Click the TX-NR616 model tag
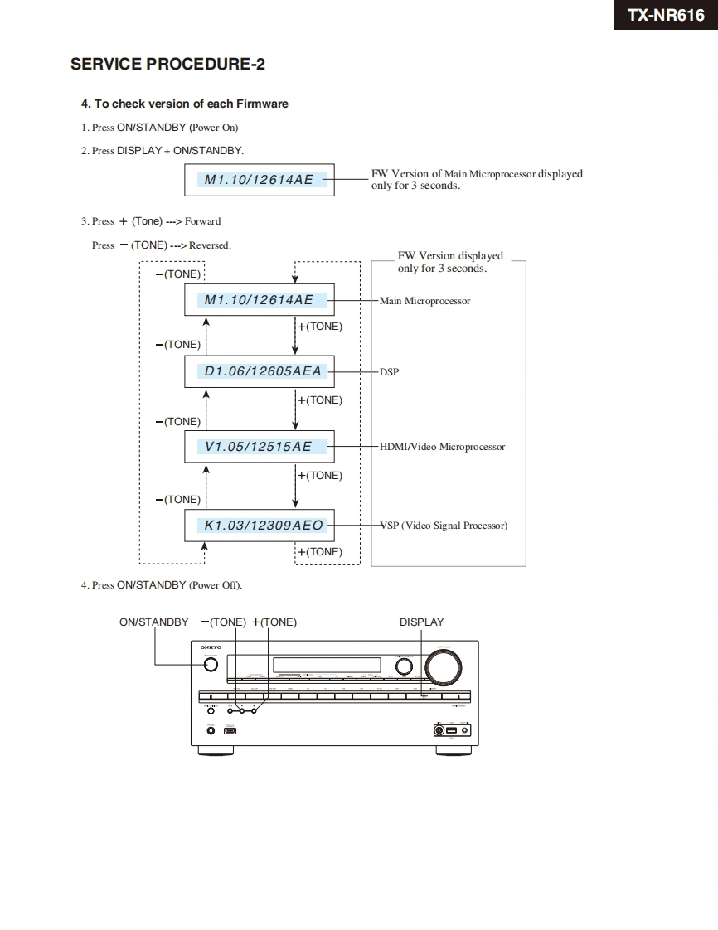tap(666, 15)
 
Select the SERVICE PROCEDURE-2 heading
tap(167, 64)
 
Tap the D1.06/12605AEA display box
tap(259, 371)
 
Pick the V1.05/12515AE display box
tap(259, 446)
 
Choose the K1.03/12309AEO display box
tap(259, 525)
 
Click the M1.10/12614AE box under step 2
tap(259, 179)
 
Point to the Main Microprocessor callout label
tap(424, 301)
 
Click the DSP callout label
tap(389, 372)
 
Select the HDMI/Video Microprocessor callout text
tap(442, 447)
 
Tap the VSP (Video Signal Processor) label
tap(444, 526)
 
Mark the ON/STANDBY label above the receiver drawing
tap(153, 622)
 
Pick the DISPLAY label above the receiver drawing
tap(421, 622)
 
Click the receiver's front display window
tap(327, 665)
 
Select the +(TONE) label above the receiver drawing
tap(274, 622)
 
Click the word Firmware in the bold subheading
tap(262, 104)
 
